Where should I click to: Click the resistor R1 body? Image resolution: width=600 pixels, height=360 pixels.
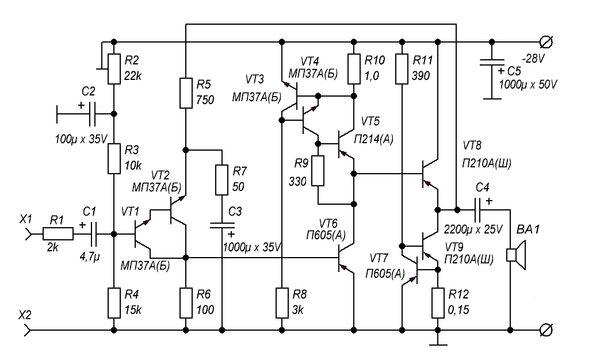58,233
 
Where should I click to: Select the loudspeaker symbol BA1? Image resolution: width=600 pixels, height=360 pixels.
515,255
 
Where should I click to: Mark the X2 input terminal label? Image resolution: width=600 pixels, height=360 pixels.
26,316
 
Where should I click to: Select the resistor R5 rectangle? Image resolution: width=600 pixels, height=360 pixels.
186,93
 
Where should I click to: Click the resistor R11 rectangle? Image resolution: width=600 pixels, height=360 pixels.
401,68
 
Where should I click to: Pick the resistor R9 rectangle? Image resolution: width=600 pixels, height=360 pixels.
318,171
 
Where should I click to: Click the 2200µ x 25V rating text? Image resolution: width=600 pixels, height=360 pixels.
473,229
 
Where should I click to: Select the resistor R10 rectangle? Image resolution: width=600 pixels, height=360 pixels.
354,68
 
